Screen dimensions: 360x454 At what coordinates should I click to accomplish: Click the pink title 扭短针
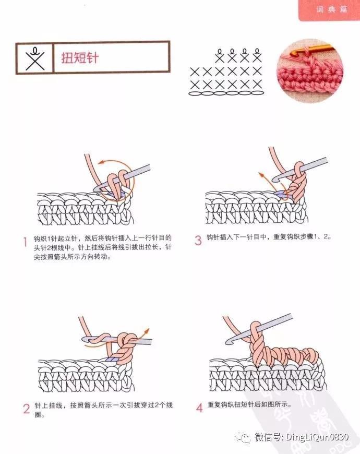80,58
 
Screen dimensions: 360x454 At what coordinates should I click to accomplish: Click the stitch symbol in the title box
35,59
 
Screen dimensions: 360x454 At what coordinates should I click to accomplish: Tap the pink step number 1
25,242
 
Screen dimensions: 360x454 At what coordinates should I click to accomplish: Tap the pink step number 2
26,409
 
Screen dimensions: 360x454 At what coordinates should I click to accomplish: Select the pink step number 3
198,241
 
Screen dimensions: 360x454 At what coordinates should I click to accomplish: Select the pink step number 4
199,408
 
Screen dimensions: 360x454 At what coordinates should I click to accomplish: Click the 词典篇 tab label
332,9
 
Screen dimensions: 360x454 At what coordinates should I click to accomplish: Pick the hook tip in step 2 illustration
85,339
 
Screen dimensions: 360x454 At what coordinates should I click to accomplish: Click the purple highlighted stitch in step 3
280,194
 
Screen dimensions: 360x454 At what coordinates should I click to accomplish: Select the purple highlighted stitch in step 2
112,360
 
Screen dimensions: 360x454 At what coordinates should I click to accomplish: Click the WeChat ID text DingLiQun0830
317,436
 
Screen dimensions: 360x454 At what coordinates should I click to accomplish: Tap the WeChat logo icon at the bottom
243,437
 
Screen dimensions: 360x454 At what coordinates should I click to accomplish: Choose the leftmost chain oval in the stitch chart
195,93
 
